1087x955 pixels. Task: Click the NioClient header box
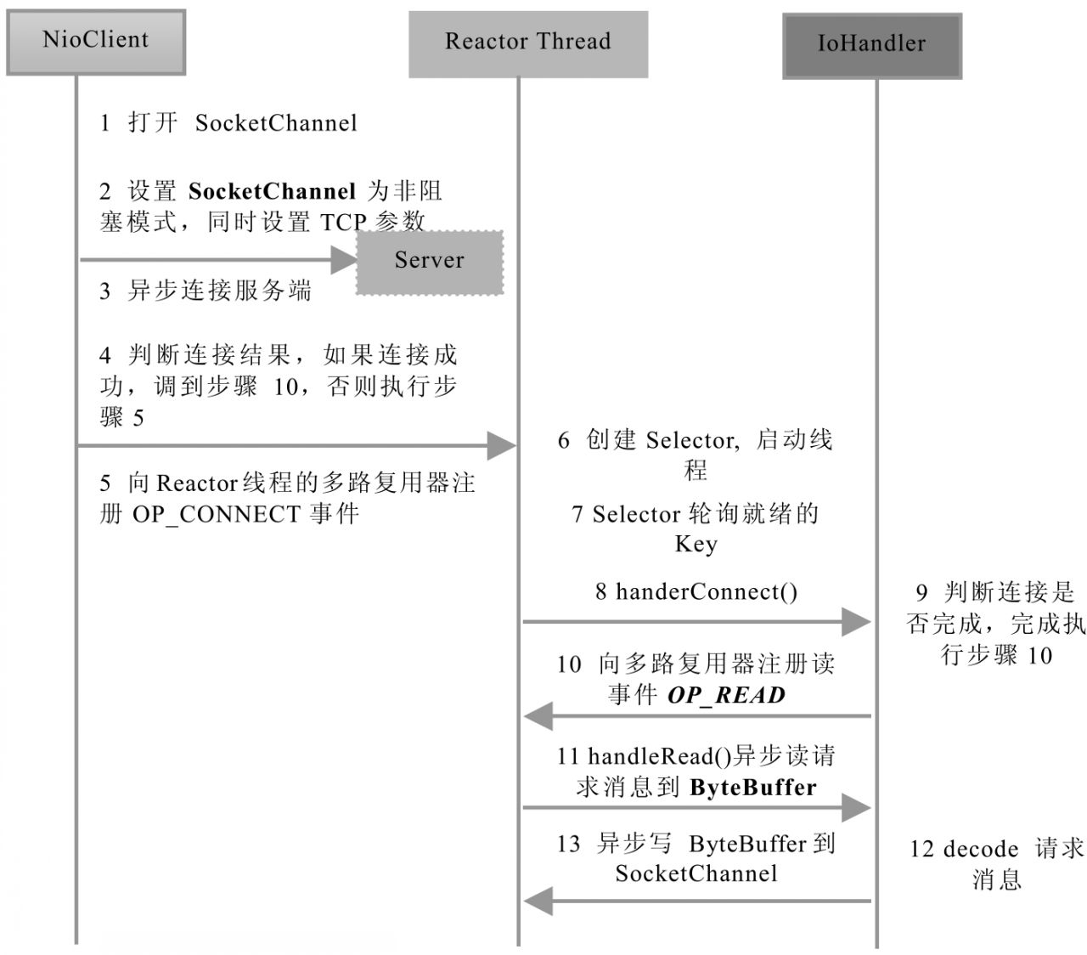[x=96, y=42]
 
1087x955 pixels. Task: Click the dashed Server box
[x=430, y=262]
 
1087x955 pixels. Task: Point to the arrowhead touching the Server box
[x=343, y=260]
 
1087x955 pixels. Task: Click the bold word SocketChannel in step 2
[x=272, y=191]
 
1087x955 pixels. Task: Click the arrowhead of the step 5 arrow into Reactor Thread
[x=501, y=444]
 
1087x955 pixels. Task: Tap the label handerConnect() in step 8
[x=707, y=591]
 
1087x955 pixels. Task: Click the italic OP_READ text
[x=726, y=695]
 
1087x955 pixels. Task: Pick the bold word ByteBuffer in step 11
[x=752, y=788]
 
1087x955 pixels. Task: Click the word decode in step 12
[x=981, y=849]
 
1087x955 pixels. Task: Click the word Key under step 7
[x=696, y=544]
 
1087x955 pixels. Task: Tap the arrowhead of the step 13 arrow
[x=539, y=900]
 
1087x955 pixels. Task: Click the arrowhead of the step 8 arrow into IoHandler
[x=855, y=622]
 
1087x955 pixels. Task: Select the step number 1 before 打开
[x=104, y=124]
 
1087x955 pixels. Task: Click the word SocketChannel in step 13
[x=696, y=873]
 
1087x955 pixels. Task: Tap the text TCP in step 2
[x=343, y=223]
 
